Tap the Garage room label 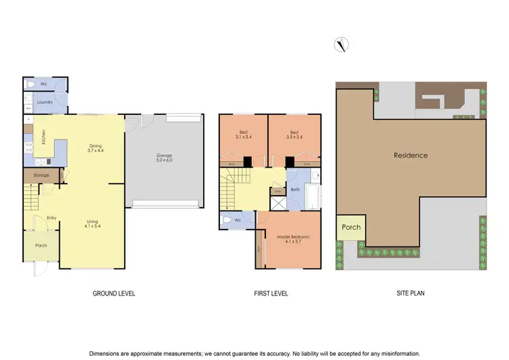click(164, 158)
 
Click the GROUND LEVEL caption click(114, 294)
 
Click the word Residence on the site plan click(411, 156)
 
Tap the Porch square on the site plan click(351, 228)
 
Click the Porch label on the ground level click(41, 245)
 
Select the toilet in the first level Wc click(225, 220)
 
